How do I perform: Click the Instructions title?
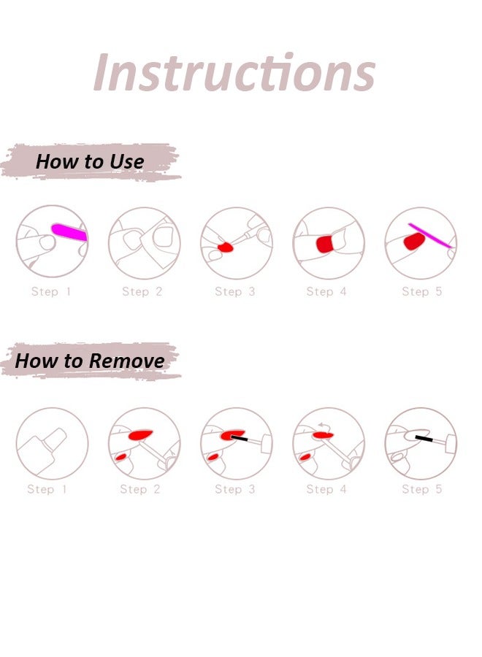[234, 72]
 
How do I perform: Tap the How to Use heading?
[90, 161]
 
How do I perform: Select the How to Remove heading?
[90, 360]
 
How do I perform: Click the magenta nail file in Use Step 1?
[69, 233]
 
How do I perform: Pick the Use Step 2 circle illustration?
[145, 242]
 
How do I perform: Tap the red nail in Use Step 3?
[226, 248]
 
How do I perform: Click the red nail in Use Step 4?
[326, 244]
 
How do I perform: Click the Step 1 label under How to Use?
[51, 292]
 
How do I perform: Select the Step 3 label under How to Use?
[235, 292]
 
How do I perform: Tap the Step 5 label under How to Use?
[421, 292]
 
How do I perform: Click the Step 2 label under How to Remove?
[139, 489]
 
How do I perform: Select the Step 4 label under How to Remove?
[326, 489]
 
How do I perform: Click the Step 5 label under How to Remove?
[421, 489]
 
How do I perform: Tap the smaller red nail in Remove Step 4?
[307, 458]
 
